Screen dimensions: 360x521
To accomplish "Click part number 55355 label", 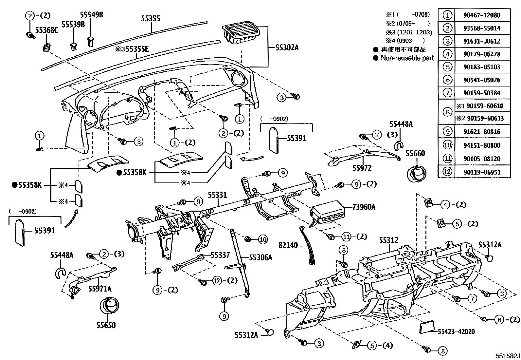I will pyautogui.click(x=151, y=19).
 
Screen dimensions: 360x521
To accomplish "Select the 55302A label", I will pyautogui.click(x=287, y=47).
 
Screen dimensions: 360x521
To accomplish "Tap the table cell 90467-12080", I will pyautogui.click(x=482, y=15).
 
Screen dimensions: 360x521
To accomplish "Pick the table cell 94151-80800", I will pyautogui.click(x=482, y=145).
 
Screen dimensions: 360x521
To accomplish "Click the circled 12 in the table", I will pyautogui.click(x=447, y=172).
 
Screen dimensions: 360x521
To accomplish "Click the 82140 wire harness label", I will pyautogui.click(x=288, y=245).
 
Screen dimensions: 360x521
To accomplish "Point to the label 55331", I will pyautogui.click(x=217, y=195).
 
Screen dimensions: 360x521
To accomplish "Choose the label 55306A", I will pyautogui.click(x=260, y=257).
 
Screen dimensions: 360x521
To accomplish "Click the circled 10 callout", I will pyautogui.click(x=263, y=239).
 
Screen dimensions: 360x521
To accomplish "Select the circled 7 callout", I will pyautogui.click(x=472, y=298).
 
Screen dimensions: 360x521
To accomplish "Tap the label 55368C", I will pyautogui.click(x=46, y=30).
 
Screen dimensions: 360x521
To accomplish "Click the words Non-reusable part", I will pyautogui.click(x=407, y=58).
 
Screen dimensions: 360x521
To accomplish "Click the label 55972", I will pyautogui.click(x=362, y=168).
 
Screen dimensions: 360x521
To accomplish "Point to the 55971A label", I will pyautogui.click(x=99, y=289).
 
